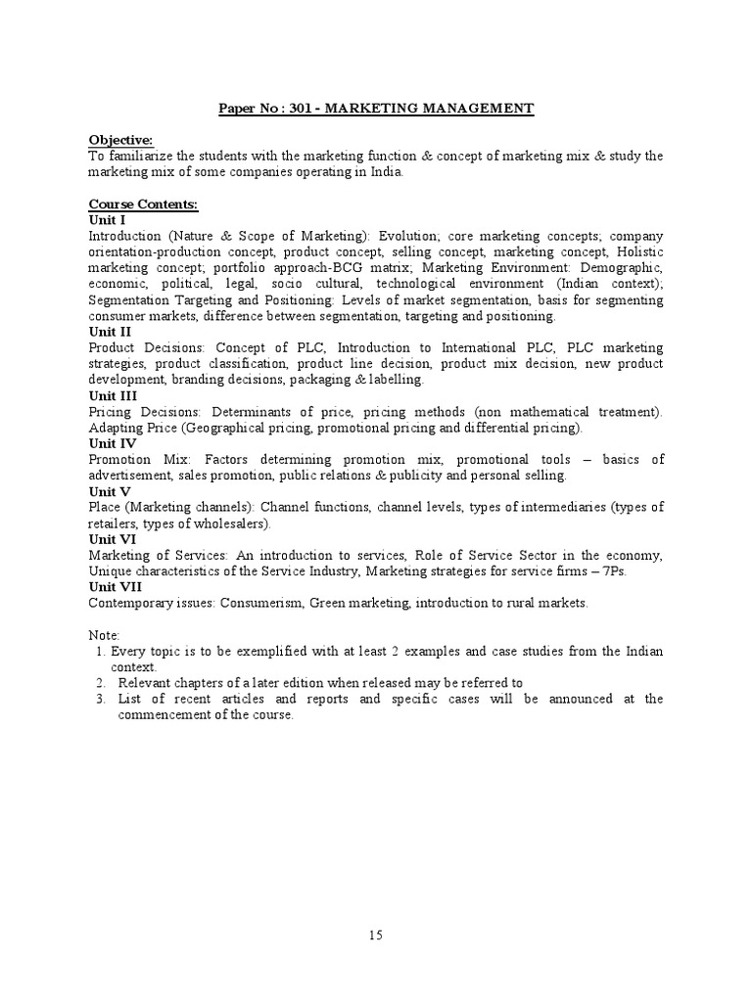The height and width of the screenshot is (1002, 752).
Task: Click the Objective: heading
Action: point(121,141)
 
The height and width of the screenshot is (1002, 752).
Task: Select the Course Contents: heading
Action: point(143,205)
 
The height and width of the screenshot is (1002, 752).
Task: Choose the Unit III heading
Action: point(113,395)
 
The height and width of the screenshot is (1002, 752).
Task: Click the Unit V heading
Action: point(110,490)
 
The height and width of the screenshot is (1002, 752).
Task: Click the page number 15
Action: point(376,935)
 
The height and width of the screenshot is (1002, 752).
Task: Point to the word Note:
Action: point(104,635)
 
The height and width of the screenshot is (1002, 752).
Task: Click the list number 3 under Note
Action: point(100,699)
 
